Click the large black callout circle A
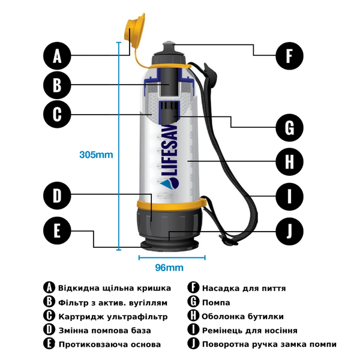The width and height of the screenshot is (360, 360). pos(58,56)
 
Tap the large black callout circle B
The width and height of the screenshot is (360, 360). pos(58,85)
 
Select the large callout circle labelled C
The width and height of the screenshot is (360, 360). pos(58,114)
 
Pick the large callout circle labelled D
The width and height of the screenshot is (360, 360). pos(58,196)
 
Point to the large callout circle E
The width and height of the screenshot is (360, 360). pos(58,231)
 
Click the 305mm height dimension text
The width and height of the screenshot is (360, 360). pos(96,155)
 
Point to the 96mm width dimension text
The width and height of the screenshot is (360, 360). pos(169,268)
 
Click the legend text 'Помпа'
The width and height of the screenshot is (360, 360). pos(217,302)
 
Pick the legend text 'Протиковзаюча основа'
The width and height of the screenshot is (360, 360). pos(110,344)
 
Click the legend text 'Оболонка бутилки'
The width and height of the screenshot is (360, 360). pos(243,316)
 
